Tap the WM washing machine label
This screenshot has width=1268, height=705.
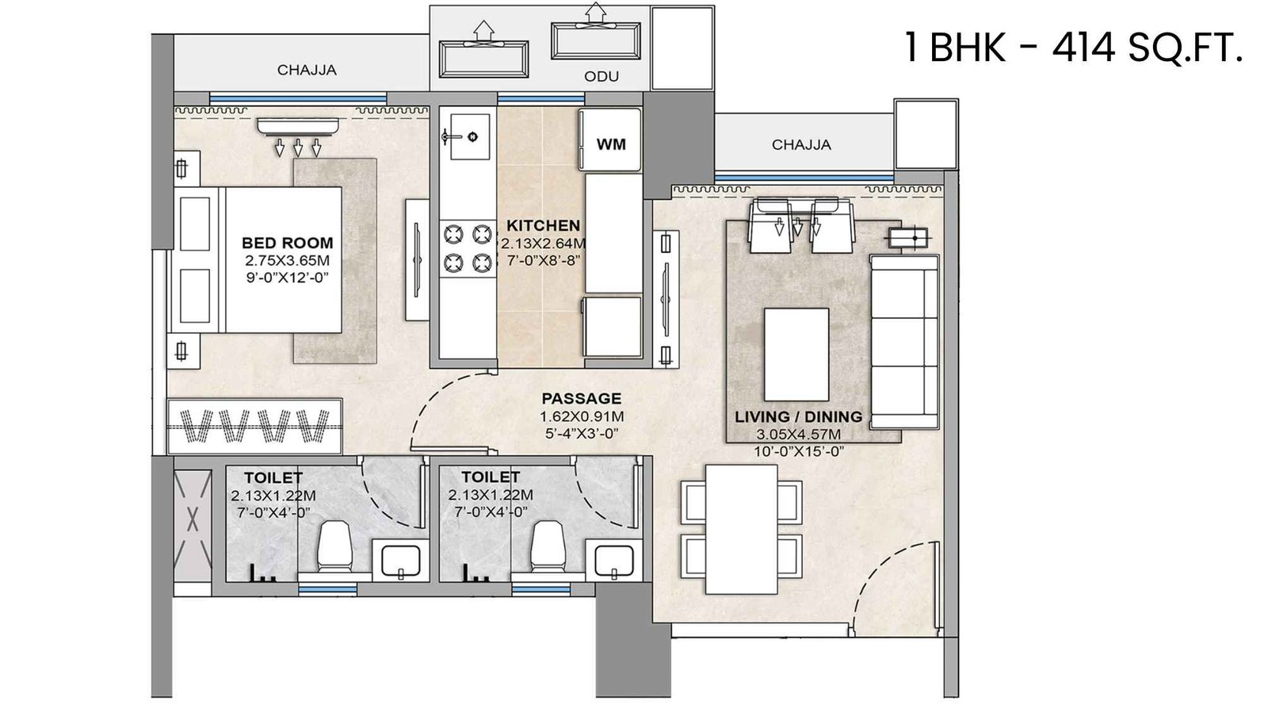tap(610, 144)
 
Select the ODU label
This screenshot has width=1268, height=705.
tap(602, 76)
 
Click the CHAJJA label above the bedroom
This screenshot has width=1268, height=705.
tap(306, 70)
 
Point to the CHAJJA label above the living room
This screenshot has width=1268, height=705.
tap(801, 144)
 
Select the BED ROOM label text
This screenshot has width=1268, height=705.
tap(287, 243)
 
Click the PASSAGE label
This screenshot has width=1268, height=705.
tap(581, 398)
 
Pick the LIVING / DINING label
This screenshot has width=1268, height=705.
tap(797, 416)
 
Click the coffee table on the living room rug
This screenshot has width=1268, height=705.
tap(796, 354)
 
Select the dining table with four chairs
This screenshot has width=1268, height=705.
tap(742, 529)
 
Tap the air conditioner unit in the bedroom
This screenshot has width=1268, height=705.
tap(298, 126)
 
